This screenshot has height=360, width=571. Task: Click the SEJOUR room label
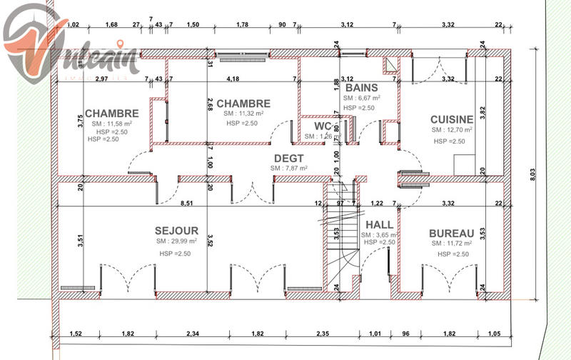click(x=177, y=231)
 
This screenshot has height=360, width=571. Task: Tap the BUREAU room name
click(x=451, y=234)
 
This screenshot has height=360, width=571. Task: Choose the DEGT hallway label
click(x=288, y=158)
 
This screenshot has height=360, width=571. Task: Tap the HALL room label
click(x=379, y=224)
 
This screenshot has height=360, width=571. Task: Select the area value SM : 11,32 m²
click(x=243, y=113)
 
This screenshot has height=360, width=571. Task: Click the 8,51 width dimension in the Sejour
click(x=186, y=204)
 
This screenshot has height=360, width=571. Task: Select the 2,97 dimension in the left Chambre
click(x=101, y=78)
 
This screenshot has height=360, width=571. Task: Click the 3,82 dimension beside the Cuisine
click(x=482, y=111)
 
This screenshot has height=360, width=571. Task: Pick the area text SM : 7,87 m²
click(x=288, y=169)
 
